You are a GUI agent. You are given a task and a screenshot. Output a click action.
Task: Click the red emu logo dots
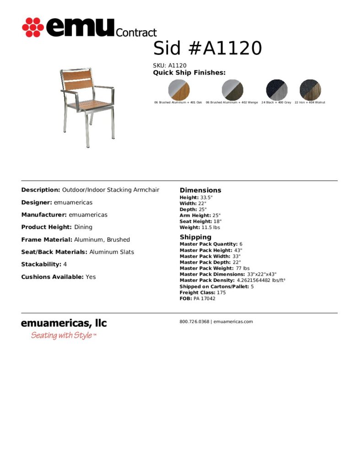tap(33, 27)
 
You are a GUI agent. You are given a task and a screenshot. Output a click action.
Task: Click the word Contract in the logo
tap(136, 32)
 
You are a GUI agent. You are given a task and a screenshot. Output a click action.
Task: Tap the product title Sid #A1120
tap(207, 48)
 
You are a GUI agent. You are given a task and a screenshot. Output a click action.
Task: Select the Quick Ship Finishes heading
tap(189, 73)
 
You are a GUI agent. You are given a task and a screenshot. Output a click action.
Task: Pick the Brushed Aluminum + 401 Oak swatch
tap(178, 90)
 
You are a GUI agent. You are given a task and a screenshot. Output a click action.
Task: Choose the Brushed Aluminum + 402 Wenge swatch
tap(232, 90)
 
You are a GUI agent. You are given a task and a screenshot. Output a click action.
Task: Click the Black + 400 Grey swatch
tap(276, 90)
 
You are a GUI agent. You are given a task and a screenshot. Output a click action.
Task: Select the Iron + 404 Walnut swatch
tap(310, 90)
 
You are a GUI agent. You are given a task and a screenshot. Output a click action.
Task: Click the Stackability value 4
tap(65, 264)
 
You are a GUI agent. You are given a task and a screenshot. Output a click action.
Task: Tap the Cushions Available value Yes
tap(91, 277)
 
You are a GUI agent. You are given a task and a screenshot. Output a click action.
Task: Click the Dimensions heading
tap(200, 190)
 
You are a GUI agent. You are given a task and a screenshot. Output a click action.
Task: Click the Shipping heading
tap(195, 237)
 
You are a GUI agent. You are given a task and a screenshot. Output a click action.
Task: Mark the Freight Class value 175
tap(221, 292)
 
